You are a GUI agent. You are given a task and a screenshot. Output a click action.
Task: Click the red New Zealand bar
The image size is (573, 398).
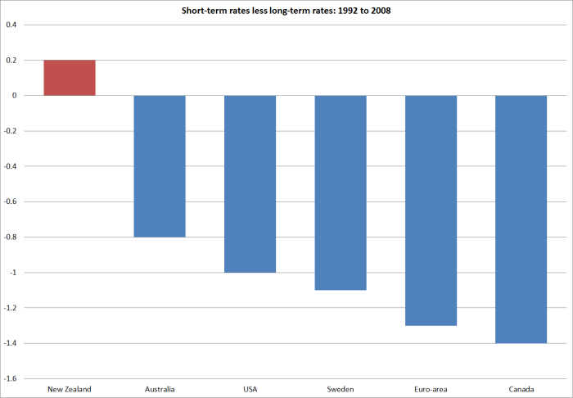click(x=70, y=78)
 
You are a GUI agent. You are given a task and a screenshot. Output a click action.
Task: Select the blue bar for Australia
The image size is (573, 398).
click(x=160, y=166)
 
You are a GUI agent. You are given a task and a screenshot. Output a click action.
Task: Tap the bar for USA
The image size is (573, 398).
click(x=250, y=184)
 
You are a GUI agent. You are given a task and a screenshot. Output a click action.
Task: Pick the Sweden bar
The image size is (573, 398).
click(x=341, y=192)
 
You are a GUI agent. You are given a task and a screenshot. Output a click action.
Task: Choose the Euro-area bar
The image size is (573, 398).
click(x=431, y=210)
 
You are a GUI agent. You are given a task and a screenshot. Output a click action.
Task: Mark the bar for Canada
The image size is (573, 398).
click(x=521, y=219)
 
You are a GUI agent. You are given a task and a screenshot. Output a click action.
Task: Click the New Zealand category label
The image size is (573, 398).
click(x=70, y=388)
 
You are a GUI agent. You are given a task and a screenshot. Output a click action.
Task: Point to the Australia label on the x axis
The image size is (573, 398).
click(x=160, y=388)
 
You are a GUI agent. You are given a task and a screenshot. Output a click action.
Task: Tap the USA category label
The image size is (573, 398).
click(x=250, y=388)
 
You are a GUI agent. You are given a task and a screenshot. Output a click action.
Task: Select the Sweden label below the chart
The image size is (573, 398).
click(x=341, y=388)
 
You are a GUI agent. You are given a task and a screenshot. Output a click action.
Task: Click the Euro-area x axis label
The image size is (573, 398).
click(x=431, y=388)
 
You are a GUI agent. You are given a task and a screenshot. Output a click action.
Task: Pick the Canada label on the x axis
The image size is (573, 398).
click(x=521, y=388)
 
